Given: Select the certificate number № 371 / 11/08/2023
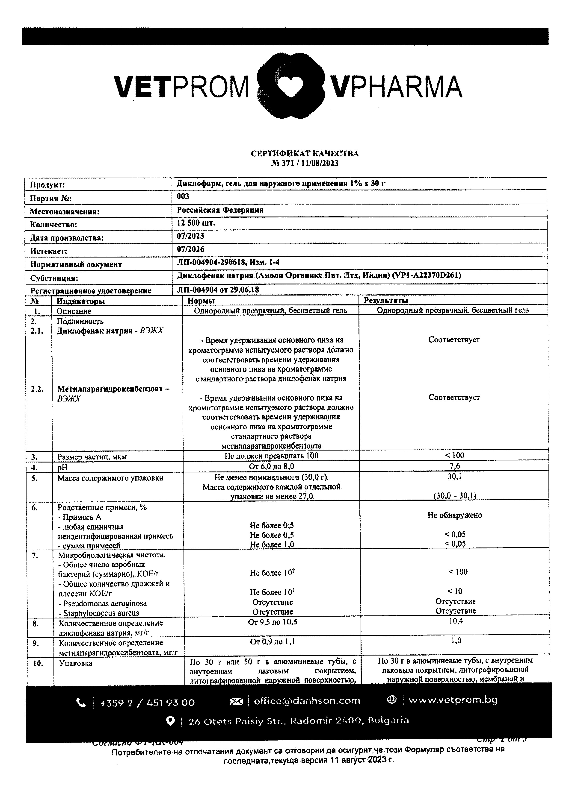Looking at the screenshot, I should click(x=305, y=163).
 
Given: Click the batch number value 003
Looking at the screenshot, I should click(x=183, y=196).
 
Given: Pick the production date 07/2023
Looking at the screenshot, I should click(x=190, y=236).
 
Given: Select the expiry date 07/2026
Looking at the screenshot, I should click(x=190, y=249).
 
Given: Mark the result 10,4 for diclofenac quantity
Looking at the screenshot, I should click(x=456, y=621).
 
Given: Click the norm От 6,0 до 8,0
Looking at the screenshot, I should click(x=271, y=466).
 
